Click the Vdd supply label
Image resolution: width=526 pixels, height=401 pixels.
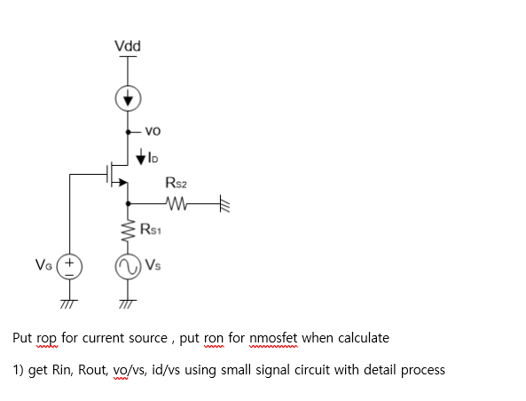point(128,46)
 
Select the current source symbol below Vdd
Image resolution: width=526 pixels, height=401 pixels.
point(128,98)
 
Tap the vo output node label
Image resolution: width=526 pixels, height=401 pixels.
point(151,130)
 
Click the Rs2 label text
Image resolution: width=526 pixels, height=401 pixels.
point(176,184)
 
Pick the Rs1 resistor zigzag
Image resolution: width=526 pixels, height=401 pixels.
point(128,231)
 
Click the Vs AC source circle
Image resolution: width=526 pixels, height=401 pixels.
point(128,265)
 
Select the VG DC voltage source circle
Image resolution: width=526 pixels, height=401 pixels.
point(71,265)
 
